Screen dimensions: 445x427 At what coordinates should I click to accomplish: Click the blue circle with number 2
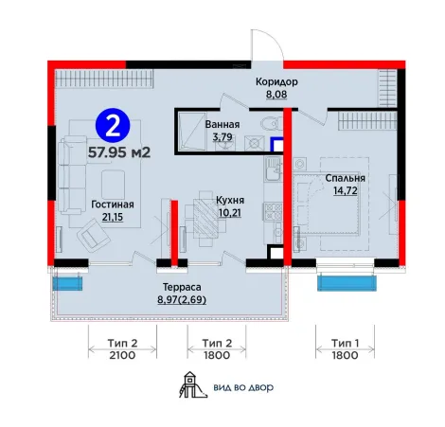(113, 125)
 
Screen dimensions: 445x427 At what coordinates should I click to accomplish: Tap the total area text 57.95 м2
(119, 152)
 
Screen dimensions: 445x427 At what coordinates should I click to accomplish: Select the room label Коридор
(276, 81)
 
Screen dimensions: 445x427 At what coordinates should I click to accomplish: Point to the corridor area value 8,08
(276, 95)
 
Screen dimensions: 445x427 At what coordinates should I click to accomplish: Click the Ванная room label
(222, 124)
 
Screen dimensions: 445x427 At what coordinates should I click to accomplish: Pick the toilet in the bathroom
(272, 123)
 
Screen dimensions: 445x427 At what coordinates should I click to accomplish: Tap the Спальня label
(345, 178)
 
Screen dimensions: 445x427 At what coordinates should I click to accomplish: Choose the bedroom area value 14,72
(346, 190)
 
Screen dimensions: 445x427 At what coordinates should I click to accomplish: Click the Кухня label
(230, 200)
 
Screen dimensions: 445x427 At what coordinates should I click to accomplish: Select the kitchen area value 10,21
(230, 213)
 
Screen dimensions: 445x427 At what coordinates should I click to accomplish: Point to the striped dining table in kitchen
(205, 218)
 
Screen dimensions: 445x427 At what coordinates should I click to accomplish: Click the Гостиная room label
(113, 205)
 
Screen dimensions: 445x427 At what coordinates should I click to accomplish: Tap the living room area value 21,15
(113, 217)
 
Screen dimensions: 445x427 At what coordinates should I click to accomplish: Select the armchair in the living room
(94, 235)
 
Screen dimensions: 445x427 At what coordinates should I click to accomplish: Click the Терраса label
(182, 287)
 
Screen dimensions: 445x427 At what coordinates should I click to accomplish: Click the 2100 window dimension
(122, 355)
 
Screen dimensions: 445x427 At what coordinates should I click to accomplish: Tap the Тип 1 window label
(345, 343)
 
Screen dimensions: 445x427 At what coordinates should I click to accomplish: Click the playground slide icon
(193, 384)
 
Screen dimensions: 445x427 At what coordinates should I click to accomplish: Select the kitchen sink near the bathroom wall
(273, 169)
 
